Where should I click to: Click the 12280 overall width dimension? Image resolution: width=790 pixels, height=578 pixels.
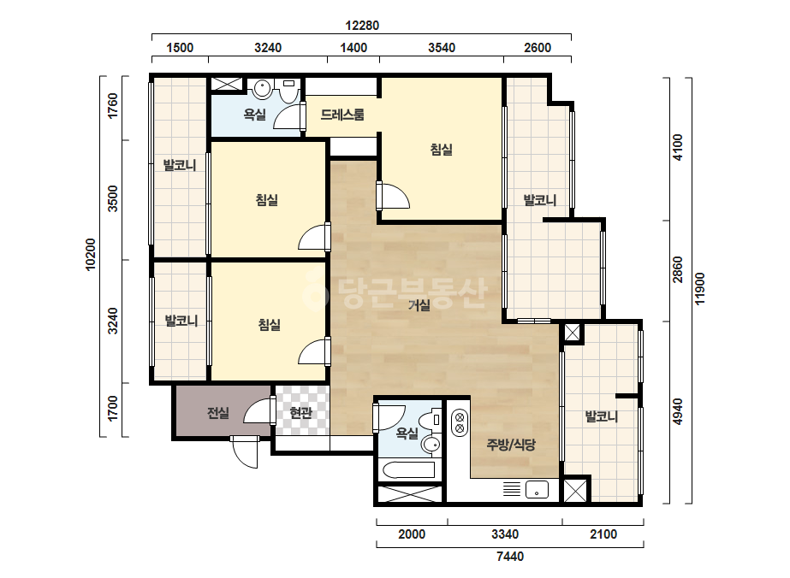[362, 25]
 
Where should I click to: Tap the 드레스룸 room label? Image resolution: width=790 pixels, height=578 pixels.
[342, 115]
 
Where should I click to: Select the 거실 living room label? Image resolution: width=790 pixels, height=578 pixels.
[419, 304]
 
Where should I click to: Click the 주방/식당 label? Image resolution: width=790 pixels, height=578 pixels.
[511, 445]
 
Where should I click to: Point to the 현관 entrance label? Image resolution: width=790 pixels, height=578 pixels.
[300, 413]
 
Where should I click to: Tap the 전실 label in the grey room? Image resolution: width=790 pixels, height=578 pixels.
[218, 413]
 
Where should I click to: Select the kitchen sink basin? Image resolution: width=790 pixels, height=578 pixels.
[537, 489]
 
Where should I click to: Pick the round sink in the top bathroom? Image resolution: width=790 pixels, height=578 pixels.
[263, 89]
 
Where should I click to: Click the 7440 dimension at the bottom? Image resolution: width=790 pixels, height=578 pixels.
[510, 557]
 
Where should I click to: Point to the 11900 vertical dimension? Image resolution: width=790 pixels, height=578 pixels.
[700, 288]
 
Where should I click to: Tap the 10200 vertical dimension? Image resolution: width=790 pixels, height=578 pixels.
[90, 254]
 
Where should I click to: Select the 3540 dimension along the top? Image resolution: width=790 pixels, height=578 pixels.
[442, 48]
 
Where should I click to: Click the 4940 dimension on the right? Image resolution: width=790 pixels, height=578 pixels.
[678, 411]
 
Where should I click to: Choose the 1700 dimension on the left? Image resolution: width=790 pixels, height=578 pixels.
[112, 409]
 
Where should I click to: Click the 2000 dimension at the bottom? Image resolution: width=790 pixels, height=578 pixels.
[412, 534]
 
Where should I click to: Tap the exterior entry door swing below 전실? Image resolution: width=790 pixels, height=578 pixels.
[246, 452]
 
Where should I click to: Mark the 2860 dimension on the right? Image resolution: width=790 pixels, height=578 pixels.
[678, 270]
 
